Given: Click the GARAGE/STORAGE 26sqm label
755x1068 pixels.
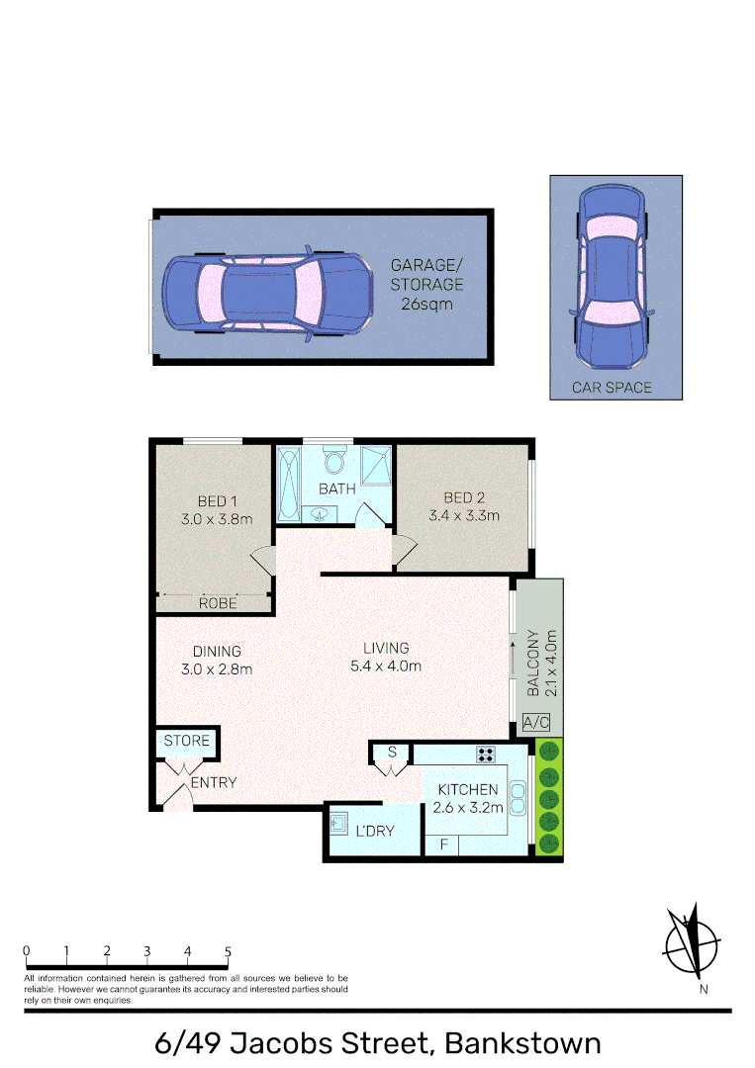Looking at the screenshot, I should point(426,285).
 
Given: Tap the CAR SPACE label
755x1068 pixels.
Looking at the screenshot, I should point(612,388).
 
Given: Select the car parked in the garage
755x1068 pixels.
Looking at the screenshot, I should point(266,294).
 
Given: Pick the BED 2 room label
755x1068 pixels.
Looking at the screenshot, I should point(463,497).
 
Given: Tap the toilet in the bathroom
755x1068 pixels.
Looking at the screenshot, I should point(332,462).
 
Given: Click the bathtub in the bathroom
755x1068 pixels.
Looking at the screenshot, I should point(289,484).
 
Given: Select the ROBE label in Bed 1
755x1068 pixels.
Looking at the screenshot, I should point(216,602).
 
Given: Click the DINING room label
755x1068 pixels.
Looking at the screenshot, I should point(217,651).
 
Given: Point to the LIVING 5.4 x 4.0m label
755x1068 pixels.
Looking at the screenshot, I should point(386,657).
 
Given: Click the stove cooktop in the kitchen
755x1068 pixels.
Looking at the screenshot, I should point(486,754).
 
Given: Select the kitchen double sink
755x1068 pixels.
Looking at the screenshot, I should point(518,798).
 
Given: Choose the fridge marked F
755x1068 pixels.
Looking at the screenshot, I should point(444,845).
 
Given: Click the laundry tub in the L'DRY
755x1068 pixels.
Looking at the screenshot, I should point(339,823).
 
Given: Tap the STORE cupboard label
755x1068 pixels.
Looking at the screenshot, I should point(187,741).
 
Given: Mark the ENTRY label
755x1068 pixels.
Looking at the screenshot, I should point(214,783).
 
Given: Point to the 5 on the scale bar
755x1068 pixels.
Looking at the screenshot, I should point(228,952).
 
